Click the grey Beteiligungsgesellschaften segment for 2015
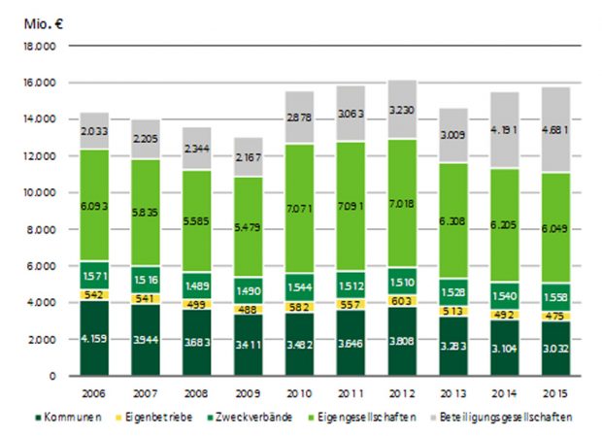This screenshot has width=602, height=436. (x=555, y=129)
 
